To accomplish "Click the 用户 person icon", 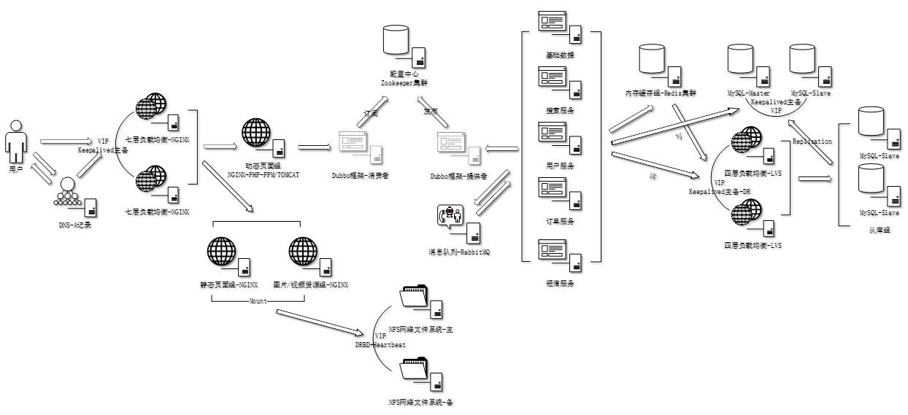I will pos(15,143).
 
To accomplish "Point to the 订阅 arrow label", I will pos(371,114).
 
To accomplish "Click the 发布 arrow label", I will pos(431,112).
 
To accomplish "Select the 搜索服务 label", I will pos(560,111).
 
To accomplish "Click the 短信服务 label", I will pos(560,283).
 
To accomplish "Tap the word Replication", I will pos(812,141).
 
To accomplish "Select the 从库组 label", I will pos(879,230).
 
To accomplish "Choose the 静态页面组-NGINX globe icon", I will pos(221,252).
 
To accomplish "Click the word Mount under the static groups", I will pos(256,301).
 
